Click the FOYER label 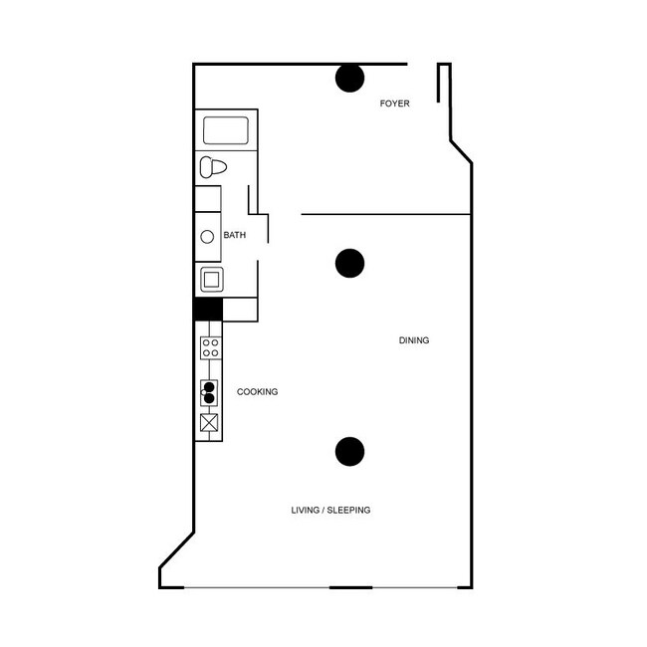[394, 104]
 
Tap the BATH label [234, 236]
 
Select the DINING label [413, 340]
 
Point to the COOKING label [257, 392]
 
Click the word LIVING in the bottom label [306, 511]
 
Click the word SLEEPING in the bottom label [349, 511]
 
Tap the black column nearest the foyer [349, 78]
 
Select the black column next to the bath [349, 263]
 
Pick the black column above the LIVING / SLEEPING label [349, 452]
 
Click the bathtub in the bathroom [225, 130]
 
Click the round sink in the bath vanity [208, 237]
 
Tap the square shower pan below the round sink [211, 279]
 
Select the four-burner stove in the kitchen [210, 347]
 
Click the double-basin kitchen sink [209, 392]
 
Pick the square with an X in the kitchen [209, 423]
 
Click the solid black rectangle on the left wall [207, 310]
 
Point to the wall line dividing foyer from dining [385, 214]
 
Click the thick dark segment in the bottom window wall [350, 587]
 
